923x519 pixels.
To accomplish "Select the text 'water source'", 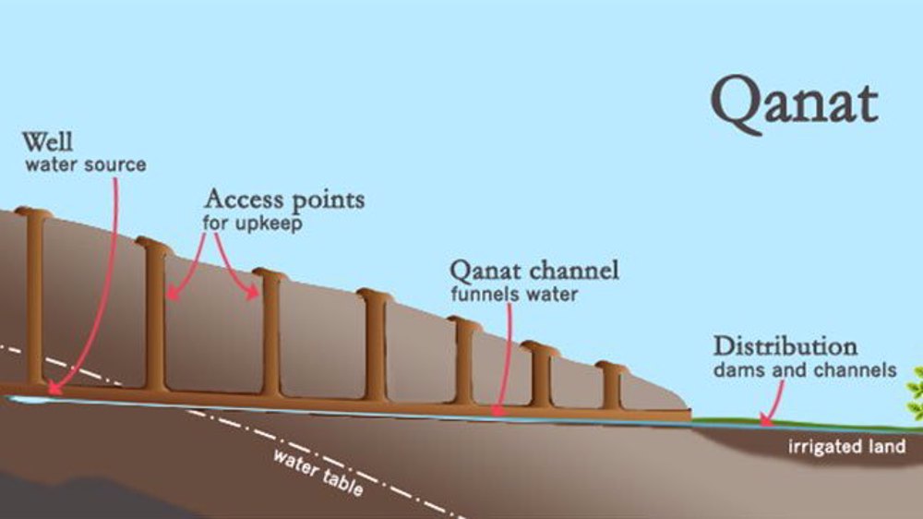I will [85, 165].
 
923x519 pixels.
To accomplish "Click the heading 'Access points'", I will [284, 199].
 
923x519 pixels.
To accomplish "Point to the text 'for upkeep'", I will [252, 223].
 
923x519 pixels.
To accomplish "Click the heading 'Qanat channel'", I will [534, 272].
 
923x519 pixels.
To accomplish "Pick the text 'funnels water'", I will [514, 295].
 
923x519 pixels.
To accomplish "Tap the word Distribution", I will [785, 347].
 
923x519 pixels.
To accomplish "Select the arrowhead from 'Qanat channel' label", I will [499, 408].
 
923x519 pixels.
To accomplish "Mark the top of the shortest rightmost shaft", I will [611, 368].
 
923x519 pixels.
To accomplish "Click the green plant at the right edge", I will [915, 392].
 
